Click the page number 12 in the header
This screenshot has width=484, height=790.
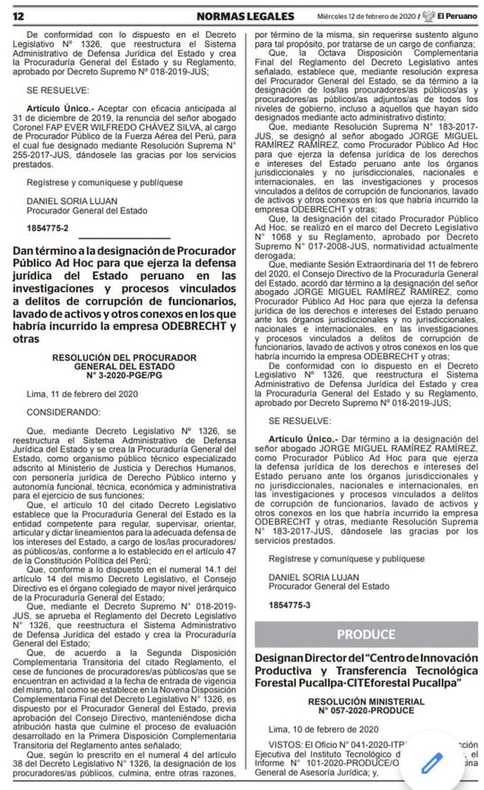pyautogui.click(x=18, y=16)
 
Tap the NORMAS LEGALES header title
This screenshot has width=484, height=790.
pyautogui.click(x=245, y=16)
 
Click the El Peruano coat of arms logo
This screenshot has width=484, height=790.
pyautogui.click(x=429, y=16)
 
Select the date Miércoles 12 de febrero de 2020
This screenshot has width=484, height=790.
pyautogui.click(x=366, y=16)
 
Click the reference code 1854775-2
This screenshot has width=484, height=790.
pyautogui.click(x=47, y=228)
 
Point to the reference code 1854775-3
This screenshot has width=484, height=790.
pyautogui.click(x=289, y=605)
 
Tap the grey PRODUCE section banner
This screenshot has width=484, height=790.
pyautogui.click(x=366, y=635)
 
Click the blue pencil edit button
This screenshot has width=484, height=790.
pyautogui.click(x=432, y=763)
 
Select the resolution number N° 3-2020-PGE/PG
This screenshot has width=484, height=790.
pyautogui.click(x=124, y=375)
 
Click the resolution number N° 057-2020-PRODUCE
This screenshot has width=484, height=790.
pyautogui.click(x=366, y=711)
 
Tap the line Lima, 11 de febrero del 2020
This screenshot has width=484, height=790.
pyautogui.click(x=82, y=394)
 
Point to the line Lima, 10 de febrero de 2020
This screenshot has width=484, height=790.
pyautogui.click(x=323, y=729)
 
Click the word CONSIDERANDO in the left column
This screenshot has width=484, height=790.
pyautogui.click(x=63, y=412)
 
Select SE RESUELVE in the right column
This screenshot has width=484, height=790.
pyautogui.click(x=300, y=421)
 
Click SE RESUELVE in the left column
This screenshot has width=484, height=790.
pyautogui.click(x=58, y=90)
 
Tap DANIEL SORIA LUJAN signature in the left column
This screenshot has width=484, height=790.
pyautogui.click(x=72, y=201)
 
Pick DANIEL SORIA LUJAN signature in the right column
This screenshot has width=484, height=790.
pyautogui.click(x=314, y=577)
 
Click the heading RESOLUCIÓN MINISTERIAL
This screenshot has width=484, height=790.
pyautogui.click(x=366, y=702)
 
